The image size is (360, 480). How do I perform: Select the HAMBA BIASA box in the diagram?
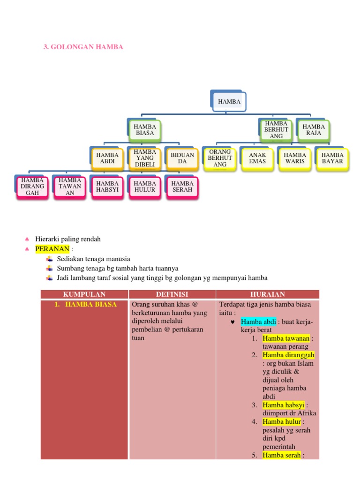click(x=145, y=130)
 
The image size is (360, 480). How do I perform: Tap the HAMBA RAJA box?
click(x=314, y=130)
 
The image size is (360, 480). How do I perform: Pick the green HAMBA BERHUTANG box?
click(x=276, y=130)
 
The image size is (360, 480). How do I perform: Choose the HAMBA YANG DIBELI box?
click(x=145, y=158)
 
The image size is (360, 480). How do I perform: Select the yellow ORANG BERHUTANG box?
click(x=220, y=158)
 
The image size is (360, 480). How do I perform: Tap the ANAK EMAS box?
click(x=257, y=158)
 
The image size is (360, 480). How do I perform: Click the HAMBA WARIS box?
click(x=295, y=158)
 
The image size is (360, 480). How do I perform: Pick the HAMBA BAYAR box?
click(x=332, y=158)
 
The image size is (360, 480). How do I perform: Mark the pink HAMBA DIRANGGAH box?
click(x=33, y=186)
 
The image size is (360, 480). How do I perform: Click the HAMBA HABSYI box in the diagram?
click(x=107, y=186)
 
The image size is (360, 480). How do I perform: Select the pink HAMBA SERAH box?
click(x=182, y=186)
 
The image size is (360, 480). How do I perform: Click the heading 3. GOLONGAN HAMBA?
click(x=83, y=47)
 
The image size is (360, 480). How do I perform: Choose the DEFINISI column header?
click(x=172, y=294)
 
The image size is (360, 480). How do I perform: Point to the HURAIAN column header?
click(x=268, y=294)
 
